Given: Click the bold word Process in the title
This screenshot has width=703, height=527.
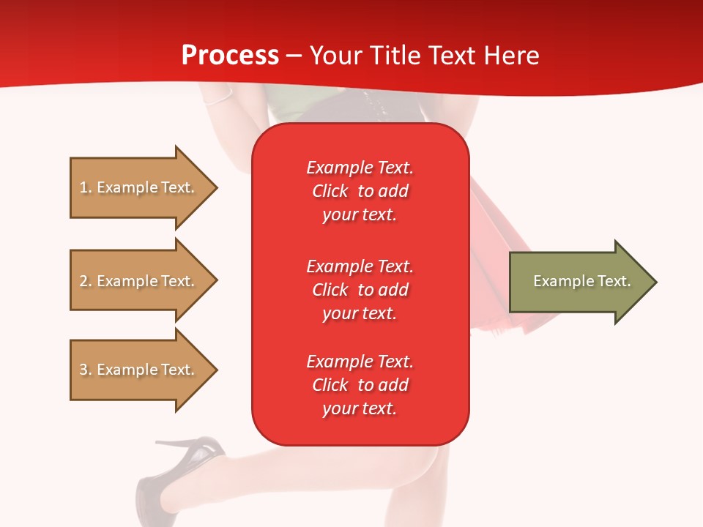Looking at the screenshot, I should (230, 56).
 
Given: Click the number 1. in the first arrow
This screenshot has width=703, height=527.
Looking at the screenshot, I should (86, 187).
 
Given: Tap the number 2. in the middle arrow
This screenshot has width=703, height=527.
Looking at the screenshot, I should (86, 281).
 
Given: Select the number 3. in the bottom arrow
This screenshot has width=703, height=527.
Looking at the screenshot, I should (86, 370).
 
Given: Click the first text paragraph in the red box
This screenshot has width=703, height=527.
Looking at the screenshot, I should (360, 191).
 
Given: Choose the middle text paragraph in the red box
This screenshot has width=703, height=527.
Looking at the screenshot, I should (360, 290).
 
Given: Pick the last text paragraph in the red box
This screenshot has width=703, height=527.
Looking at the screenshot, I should (360, 385).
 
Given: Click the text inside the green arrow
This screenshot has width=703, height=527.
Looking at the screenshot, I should (581, 281).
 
